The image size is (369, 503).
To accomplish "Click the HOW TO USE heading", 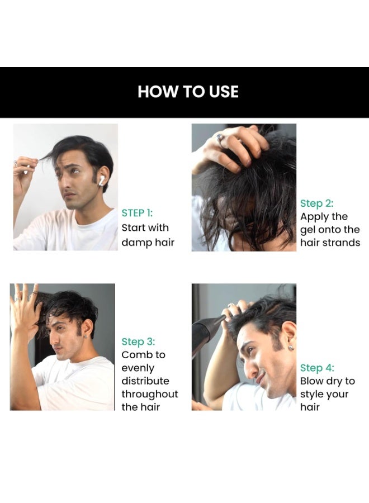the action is (188, 92).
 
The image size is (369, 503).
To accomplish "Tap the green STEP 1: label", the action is (137, 213).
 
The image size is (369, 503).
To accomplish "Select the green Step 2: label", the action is (316, 203).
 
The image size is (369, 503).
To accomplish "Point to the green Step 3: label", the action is (138, 342).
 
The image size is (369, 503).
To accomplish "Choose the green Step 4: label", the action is (317, 368).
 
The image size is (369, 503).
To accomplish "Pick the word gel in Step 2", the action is (307, 230).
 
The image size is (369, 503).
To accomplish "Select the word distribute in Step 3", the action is (145, 381).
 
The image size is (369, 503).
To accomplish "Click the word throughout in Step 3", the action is (149, 394).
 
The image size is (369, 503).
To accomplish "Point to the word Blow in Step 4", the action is (312, 381).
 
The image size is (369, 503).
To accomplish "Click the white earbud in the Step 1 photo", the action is (101, 180).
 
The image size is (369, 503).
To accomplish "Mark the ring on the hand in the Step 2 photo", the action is (220, 139).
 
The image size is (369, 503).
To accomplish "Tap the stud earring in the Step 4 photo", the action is (290, 348).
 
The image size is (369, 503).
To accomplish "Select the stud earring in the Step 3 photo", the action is (86, 336).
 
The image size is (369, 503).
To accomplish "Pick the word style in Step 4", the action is (312, 394).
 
